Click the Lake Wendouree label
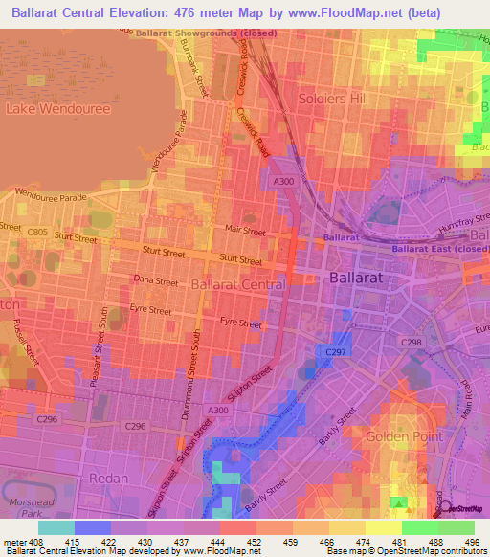[58, 109]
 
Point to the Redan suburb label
[107, 477]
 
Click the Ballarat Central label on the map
[237, 284]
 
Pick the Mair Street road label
[243, 231]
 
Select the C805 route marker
[37, 231]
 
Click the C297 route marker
[335, 352]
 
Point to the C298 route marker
[412, 342]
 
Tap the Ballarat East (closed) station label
[438, 249]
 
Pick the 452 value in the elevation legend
[256, 543]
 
